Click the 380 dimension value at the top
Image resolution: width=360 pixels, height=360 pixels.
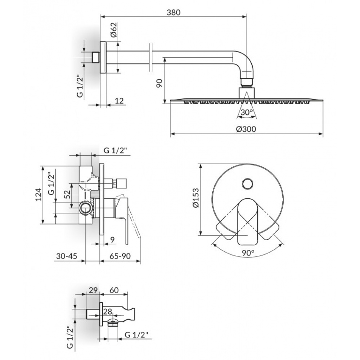pos(173,12)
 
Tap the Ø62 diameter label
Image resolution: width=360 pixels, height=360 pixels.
pos(113,31)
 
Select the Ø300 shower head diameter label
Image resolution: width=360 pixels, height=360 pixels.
pos(246,129)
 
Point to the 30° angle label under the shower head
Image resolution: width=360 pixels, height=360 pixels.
pos(246,113)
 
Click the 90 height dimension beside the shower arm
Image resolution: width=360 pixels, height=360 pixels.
pos(159,83)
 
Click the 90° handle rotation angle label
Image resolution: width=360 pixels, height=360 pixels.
pos(248,253)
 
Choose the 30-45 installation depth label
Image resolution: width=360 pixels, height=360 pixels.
pos(67,256)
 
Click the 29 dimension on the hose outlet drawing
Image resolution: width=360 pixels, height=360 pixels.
pos(93,290)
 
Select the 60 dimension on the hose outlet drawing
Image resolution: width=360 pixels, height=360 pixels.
pos(114,290)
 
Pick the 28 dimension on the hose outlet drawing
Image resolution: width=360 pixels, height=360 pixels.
pos(107,311)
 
